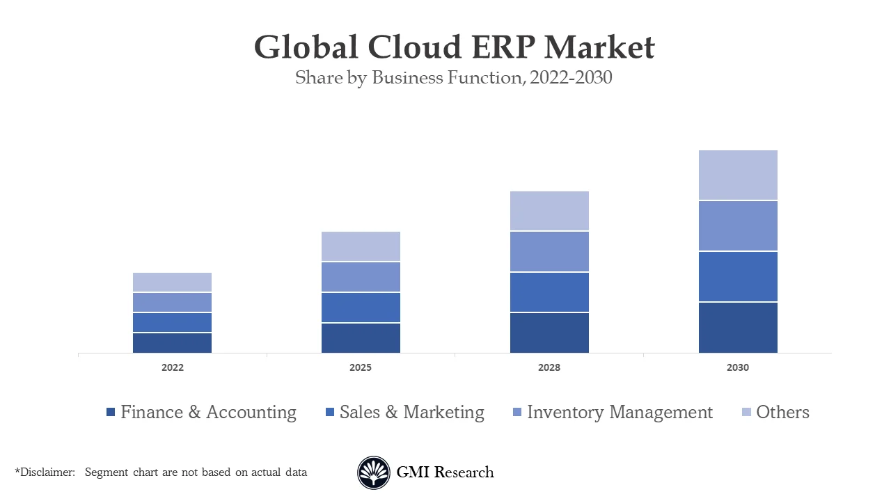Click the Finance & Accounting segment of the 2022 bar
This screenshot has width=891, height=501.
[173, 343]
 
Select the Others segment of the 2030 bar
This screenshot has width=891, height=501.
[738, 175]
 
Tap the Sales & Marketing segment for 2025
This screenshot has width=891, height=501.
[361, 308]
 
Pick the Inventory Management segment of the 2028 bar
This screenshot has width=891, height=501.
[549, 251]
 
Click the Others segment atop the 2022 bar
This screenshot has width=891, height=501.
[173, 282]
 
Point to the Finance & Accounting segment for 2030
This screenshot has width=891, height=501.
[738, 328]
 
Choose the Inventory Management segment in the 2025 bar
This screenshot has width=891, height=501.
[361, 277]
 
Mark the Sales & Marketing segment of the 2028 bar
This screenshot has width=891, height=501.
[549, 292]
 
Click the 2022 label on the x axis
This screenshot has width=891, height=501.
[173, 367]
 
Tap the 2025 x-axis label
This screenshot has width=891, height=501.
[361, 367]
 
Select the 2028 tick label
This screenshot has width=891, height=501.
[549, 367]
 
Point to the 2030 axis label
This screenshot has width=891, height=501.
[738, 367]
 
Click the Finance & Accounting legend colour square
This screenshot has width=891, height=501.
[111, 413]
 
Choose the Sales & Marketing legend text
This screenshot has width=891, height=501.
[411, 412]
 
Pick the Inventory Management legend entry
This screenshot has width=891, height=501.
[620, 412]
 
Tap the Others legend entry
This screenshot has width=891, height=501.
[782, 412]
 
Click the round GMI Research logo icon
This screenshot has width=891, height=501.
[374, 472]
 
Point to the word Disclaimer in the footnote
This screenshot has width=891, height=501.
[47, 472]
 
